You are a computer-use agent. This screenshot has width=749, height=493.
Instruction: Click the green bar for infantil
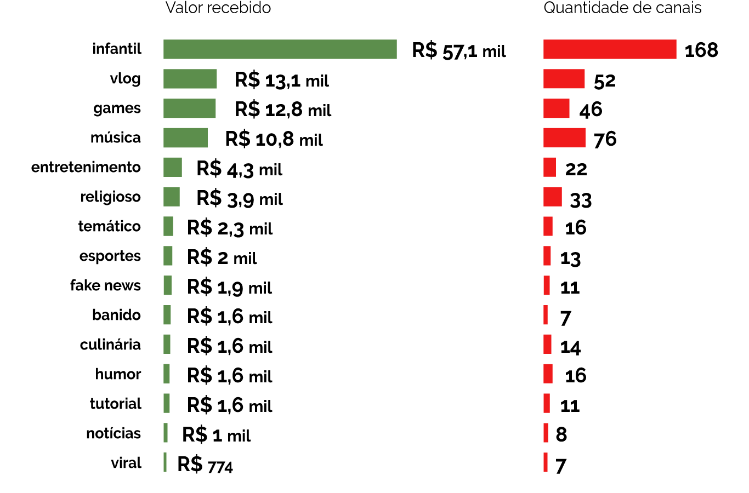coord(280,49)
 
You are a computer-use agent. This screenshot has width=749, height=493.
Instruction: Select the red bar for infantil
coord(610,49)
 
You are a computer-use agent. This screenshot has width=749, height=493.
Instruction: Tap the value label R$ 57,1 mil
coord(459,51)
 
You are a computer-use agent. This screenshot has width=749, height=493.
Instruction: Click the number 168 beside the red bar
coord(701,50)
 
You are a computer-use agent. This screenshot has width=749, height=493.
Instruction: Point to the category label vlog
coord(126,79)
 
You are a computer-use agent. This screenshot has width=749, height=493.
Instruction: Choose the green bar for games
coord(189,108)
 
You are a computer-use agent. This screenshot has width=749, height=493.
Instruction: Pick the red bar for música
coord(564,138)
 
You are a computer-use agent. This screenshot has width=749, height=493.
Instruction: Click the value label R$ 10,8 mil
coord(274,139)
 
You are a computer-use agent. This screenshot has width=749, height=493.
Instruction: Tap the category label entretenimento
coord(86,167)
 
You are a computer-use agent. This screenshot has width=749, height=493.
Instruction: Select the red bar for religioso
coord(553,197)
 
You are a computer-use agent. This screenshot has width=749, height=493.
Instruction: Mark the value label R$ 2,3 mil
coord(230,228)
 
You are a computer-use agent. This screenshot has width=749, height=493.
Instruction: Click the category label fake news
coord(105,285)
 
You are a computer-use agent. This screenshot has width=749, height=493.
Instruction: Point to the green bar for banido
coord(167,315)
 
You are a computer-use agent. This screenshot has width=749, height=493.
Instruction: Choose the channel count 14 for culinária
coord(570,347)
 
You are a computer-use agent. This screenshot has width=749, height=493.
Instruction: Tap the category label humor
coord(118,374)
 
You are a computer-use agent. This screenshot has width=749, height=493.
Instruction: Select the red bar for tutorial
coord(547,404)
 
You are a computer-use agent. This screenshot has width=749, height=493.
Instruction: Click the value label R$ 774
coord(205,465)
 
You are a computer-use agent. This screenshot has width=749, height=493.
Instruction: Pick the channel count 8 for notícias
coord(561,434)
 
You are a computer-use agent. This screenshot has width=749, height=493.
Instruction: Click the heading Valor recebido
coord(218,8)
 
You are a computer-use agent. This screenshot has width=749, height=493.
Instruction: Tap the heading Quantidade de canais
coord(622,8)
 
